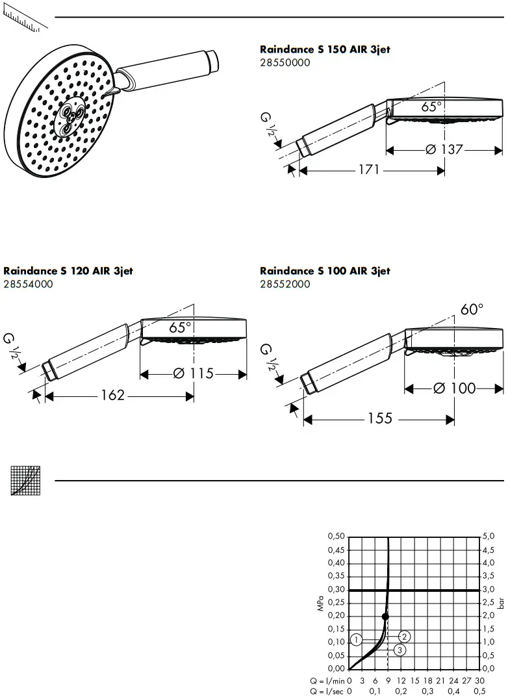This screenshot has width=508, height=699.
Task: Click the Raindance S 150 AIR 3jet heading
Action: (325, 49)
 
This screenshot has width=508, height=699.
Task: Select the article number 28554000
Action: (28, 284)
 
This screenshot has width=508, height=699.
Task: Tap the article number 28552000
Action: (285, 284)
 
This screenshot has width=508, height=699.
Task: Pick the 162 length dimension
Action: (112, 394)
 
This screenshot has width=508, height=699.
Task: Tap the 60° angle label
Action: (472, 310)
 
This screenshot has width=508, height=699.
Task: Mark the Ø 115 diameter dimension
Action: (194, 374)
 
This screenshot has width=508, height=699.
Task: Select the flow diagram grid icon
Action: (25, 481)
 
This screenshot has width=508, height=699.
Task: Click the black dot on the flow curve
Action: (385, 616)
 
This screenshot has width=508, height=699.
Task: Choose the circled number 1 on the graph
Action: (355, 640)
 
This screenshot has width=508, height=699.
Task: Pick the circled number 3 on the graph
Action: (400, 650)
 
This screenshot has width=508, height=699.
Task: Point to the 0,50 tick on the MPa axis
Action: (336, 537)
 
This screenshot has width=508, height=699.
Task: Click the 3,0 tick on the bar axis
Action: (489, 589)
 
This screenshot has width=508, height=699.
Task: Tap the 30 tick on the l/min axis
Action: (479, 680)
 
